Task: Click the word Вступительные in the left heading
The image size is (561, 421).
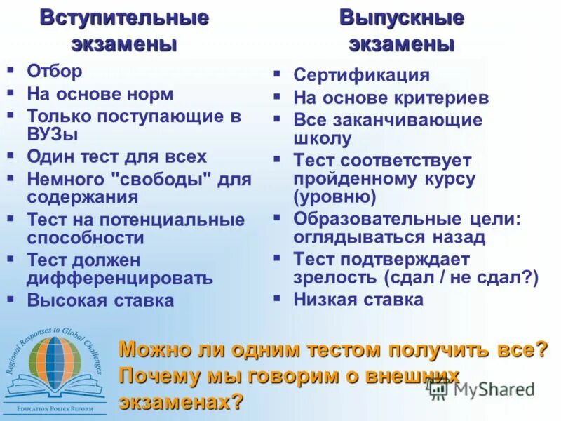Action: (124, 18)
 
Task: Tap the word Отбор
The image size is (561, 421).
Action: (54, 71)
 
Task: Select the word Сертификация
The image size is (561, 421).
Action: (361, 75)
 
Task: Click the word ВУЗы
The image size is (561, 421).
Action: (53, 134)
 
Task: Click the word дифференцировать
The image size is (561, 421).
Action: (120, 278)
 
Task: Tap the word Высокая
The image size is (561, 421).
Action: (64, 300)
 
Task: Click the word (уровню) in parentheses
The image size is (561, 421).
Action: (334, 196)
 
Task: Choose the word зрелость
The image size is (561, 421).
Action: (335, 277)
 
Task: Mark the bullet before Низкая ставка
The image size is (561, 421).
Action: (277, 298)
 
